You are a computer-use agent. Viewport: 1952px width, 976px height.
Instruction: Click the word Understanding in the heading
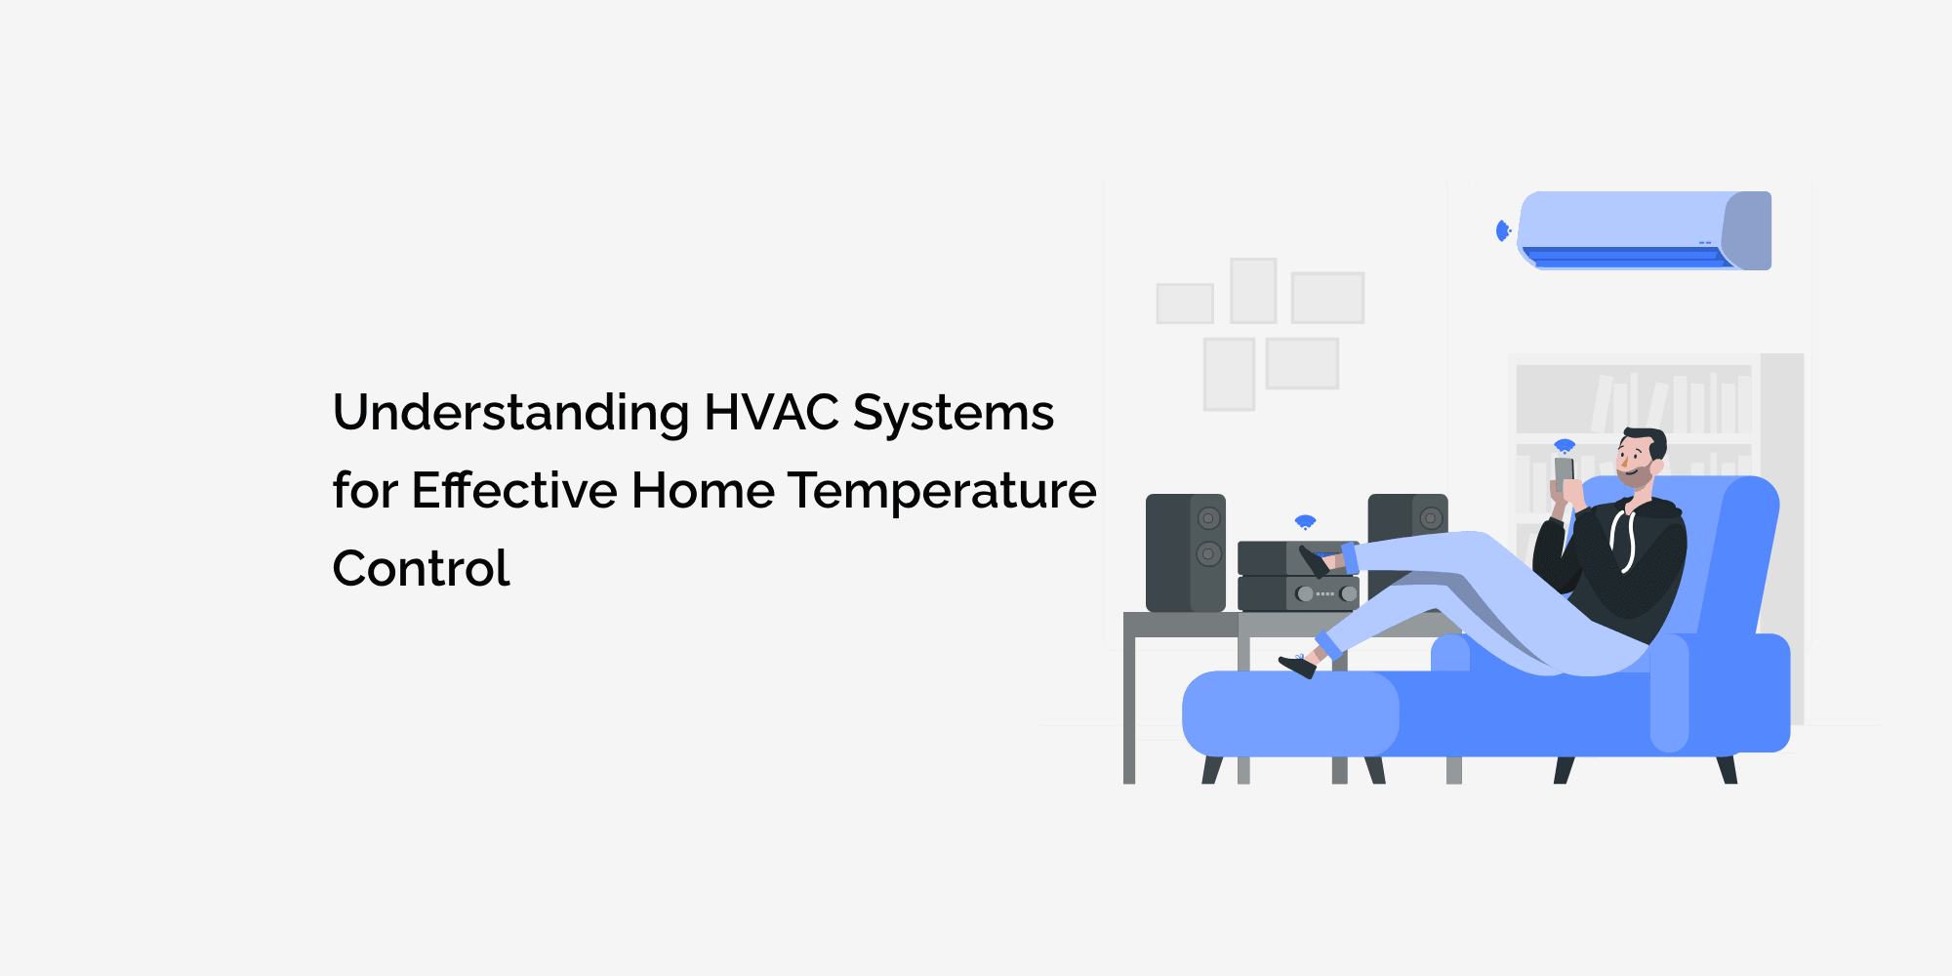[510, 413]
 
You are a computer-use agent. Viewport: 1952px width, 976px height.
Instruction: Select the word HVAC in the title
[771, 413]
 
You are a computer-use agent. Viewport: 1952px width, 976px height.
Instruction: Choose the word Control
[421, 569]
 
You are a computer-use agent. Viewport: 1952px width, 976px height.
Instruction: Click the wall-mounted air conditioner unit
[1646, 230]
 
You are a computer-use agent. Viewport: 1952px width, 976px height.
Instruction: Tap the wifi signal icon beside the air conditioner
[1503, 231]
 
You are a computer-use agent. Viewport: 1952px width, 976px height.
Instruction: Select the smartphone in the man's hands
[1564, 470]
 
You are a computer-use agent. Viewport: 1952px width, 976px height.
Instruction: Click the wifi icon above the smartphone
[1565, 446]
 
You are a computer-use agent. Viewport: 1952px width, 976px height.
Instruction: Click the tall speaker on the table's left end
[1185, 552]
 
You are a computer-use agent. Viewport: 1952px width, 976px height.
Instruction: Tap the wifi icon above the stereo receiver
[1305, 522]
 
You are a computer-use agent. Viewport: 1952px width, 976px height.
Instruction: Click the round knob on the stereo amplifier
[1305, 593]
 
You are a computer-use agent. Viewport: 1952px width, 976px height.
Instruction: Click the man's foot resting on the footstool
[1298, 666]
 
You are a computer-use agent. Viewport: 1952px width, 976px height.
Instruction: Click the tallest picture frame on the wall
[1229, 374]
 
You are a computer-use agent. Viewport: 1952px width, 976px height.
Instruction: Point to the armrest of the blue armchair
[1669, 693]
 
